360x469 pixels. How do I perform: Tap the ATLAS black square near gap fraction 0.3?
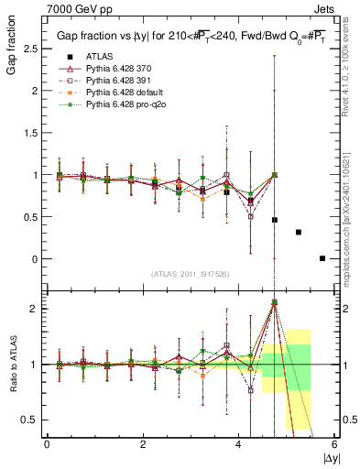click(299, 233)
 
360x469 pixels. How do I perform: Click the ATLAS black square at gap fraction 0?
click(322, 258)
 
